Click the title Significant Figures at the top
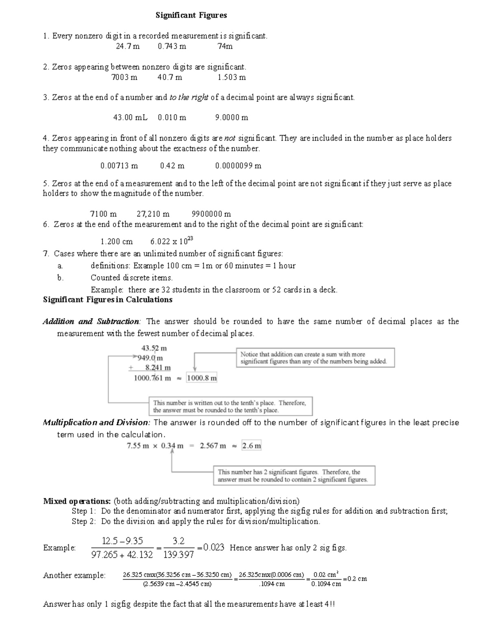[191, 15]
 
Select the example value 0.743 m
[172, 46]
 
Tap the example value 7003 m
[124, 77]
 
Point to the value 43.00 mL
[130, 118]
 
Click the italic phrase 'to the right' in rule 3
[189, 98]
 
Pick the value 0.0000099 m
[238, 166]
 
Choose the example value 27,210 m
[153, 214]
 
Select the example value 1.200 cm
[116, 241]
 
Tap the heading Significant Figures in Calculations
[108, 300]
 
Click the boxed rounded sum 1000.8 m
[202, 378]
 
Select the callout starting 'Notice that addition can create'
[315, 358]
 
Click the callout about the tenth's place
[231, 406]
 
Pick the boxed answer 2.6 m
[252, 446]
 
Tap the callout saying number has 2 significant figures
[294, 476]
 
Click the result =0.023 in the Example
[211, 548]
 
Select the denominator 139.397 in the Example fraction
[178, 555]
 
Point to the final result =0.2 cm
[355, 579]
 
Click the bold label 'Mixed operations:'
[77, 501]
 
